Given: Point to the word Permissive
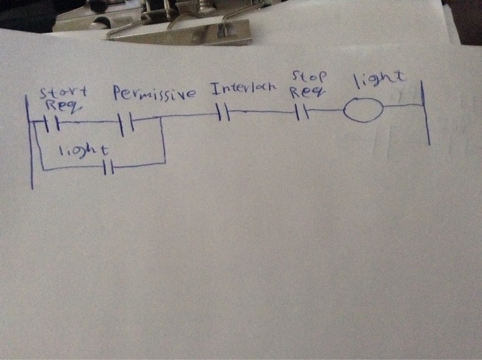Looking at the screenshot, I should pos(154,93).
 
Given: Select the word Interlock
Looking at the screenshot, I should pos(243,89).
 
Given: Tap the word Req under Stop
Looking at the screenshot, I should pos(303,92).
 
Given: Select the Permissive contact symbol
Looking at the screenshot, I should pos(125,124).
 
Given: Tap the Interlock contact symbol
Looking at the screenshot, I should pos(222,112).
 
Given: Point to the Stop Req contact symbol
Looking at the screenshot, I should pos(301,112).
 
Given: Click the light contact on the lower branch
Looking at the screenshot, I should pos(107,167).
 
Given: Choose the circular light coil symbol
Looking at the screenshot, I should pos(362,110).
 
